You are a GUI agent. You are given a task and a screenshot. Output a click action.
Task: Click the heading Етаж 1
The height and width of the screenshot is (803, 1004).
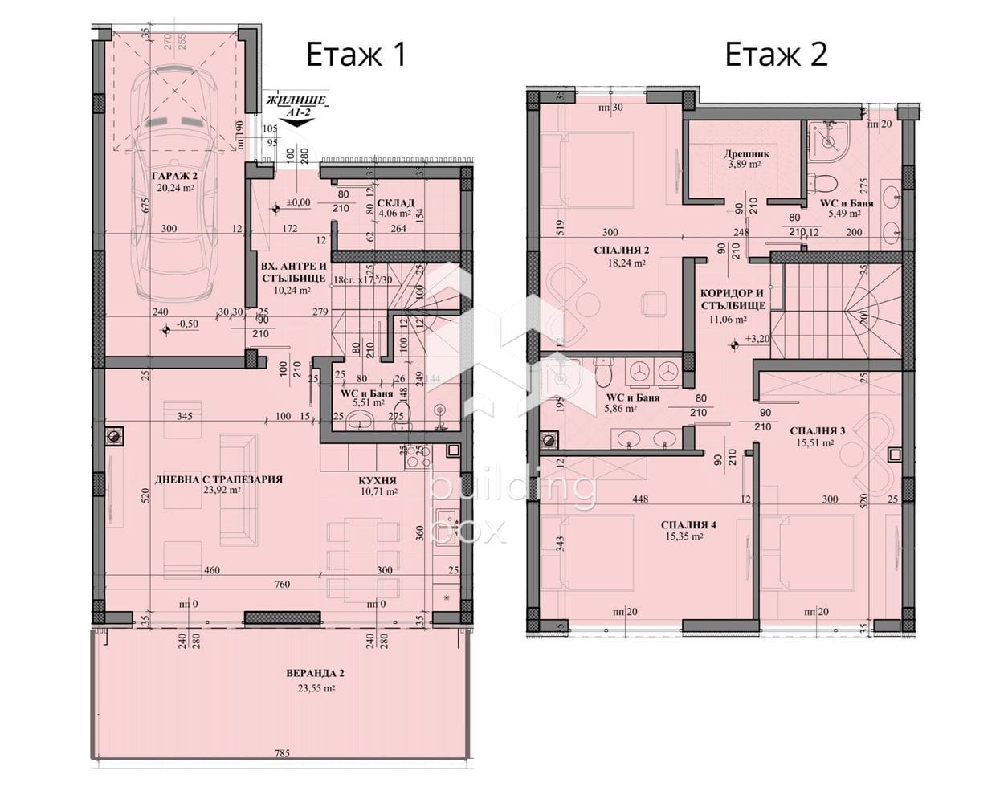click(x=357, y=55)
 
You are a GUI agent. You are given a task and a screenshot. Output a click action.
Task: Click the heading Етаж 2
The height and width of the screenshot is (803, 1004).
click(x=776, y=55)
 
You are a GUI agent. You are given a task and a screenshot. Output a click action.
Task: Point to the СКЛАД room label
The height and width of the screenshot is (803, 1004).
click(x=395, y=202)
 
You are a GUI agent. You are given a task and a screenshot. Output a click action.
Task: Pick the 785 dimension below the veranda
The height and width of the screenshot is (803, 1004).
click(x=281, y=754)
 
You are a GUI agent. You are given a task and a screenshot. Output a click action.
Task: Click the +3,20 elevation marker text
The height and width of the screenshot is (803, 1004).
click(x=757, y=340)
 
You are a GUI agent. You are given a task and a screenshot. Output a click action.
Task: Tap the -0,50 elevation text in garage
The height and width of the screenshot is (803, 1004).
click(x=187, y=325)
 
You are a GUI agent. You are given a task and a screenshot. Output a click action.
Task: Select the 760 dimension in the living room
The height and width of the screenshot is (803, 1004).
click(x=281, y=585)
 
